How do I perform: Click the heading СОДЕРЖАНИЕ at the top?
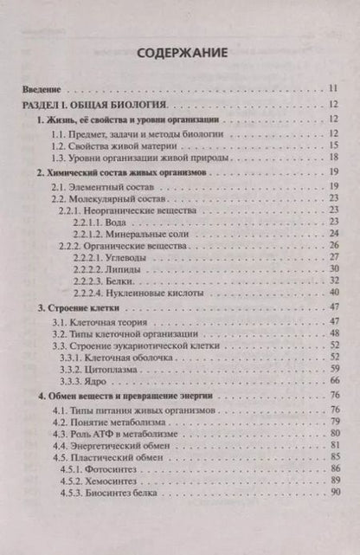click(x=182, y=52)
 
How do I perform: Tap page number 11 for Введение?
click(x=334, y=89)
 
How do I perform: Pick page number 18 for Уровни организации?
click(x=334, y=161)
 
